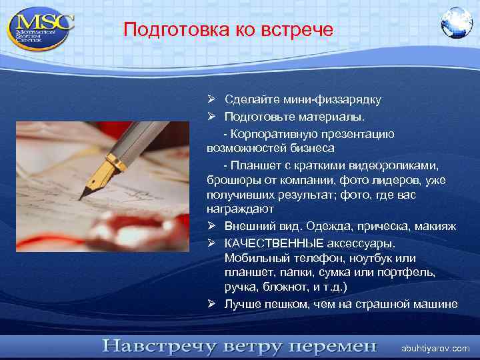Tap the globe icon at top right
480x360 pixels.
pos(456,23)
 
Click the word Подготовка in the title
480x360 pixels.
pos(165,30)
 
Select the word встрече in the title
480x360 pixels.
pos(303,30)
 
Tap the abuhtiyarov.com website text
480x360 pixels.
pos(435,349)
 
